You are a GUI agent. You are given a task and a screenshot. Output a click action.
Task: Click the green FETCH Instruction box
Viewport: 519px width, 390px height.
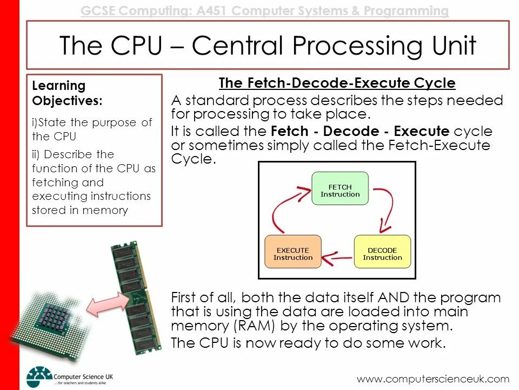(x=340, y=188)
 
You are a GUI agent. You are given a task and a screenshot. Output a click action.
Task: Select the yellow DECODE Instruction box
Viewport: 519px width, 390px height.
(x=382, y=252)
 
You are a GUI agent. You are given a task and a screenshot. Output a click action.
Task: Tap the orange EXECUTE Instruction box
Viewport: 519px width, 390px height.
(x=292, y=252)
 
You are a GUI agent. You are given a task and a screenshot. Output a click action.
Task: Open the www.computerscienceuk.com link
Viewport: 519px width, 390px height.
(x=433, y=379)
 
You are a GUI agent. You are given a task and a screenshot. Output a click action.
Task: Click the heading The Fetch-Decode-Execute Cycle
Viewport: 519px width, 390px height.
(x=337, y=83)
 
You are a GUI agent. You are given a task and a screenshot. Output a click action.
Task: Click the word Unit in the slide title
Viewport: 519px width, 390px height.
(x=449, y=45)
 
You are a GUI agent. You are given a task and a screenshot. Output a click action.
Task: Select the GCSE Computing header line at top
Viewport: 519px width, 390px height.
(x=264, y=11)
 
